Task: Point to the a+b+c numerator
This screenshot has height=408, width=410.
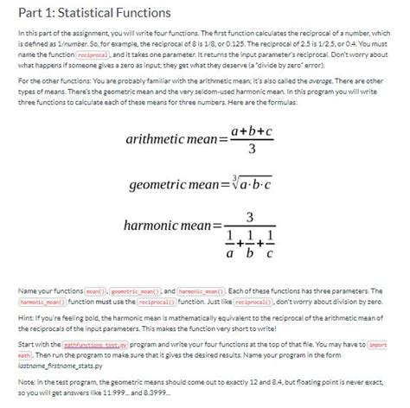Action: [x=251, y=130]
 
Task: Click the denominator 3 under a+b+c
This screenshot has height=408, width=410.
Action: [x=250, y=150]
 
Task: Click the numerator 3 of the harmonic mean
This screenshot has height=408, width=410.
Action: [x=250, y=214]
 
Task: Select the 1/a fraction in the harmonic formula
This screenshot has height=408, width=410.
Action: [x=229, y=245]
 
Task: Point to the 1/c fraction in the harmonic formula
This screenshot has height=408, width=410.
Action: [x=272, y=245]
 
